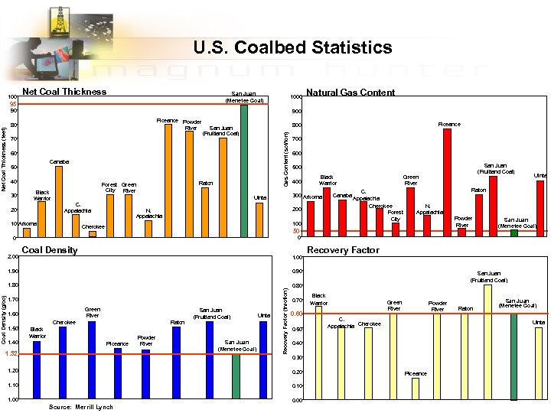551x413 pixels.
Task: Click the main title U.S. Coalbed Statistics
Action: pyautogui.click(x=292, y=47)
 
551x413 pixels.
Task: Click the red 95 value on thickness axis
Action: pyautogui.click(x=12, y=104)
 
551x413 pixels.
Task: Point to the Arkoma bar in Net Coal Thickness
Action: pyautogui.click(x=27, y=233)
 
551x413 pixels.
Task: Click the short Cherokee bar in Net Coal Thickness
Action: pyautogui.click(x=93, y=234)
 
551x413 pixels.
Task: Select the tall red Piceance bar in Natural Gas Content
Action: pyautogui.click(x=447, y=183)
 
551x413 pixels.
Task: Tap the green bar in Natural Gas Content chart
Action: pyautogui.click(x=514, y=233)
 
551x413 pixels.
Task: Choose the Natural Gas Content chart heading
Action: pyautogui.click(x=350, y=93)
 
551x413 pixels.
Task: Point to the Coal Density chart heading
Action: pyautogui.click(x=50, y=250)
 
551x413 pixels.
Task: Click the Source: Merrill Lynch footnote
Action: pyautogui.click(x=80, y=407)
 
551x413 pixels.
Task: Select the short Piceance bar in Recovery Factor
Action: pyautogui.click(x=416, y=389)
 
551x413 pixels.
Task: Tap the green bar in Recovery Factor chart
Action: pyautogui.click(x=514, y=356)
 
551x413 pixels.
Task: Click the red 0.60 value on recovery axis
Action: pyautogui.click(x=296, y=314)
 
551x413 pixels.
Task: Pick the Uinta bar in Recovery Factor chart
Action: pyautogui.click(x=539, y=363)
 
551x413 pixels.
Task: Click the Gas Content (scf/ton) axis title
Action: pyautogui.click(x=286, y=158)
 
